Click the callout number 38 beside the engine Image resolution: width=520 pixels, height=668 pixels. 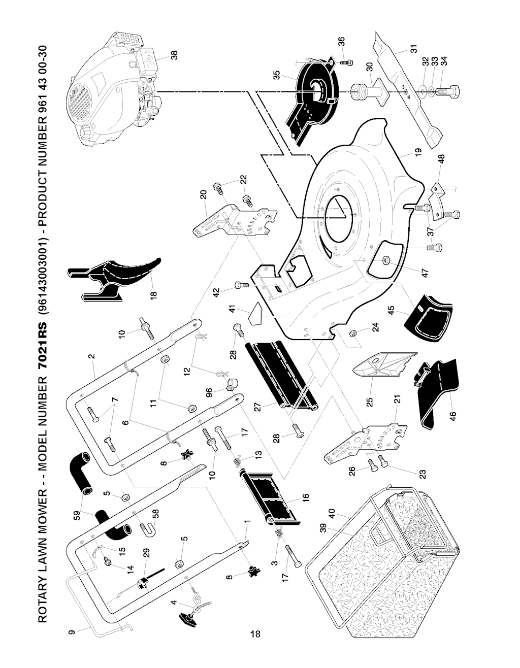174,55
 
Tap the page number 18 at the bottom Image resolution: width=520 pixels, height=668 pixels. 255,633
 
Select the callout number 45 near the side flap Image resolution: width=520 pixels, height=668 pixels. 392,311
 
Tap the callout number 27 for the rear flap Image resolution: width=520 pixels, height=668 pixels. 258,408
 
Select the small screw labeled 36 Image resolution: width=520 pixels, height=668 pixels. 345,61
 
